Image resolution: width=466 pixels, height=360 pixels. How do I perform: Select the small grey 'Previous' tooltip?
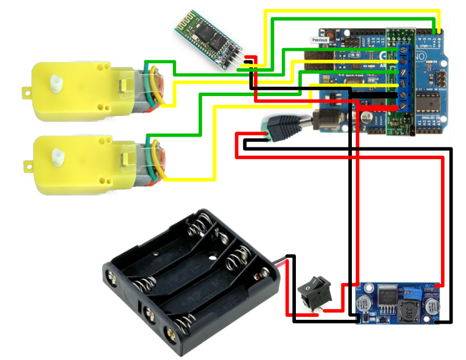320,40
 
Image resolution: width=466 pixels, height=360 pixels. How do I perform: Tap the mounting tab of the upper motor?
26,91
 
